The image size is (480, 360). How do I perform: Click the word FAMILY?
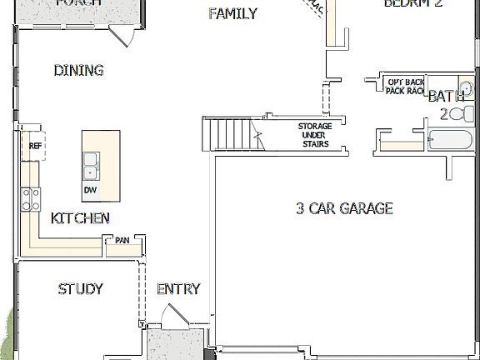pos(232,13)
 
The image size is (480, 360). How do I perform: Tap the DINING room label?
pos(78,71)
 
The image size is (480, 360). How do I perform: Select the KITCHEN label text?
pos(80,218)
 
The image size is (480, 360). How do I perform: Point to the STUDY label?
pos(80,289)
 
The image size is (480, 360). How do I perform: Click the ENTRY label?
pos(178,289)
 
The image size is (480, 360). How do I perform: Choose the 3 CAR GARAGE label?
pos(343,208)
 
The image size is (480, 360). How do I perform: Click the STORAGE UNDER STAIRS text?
pos(315,135)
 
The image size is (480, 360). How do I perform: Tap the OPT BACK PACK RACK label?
pos(405,87)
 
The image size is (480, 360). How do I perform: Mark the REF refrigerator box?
pos(34,146)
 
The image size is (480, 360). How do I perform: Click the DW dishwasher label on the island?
pos(90,190)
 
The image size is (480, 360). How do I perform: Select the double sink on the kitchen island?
pos(90,167)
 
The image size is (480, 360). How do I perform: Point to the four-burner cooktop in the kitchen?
pos(31,198)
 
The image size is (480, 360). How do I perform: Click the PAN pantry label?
pos(122,241)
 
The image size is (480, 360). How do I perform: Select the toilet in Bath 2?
pos(461,114)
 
